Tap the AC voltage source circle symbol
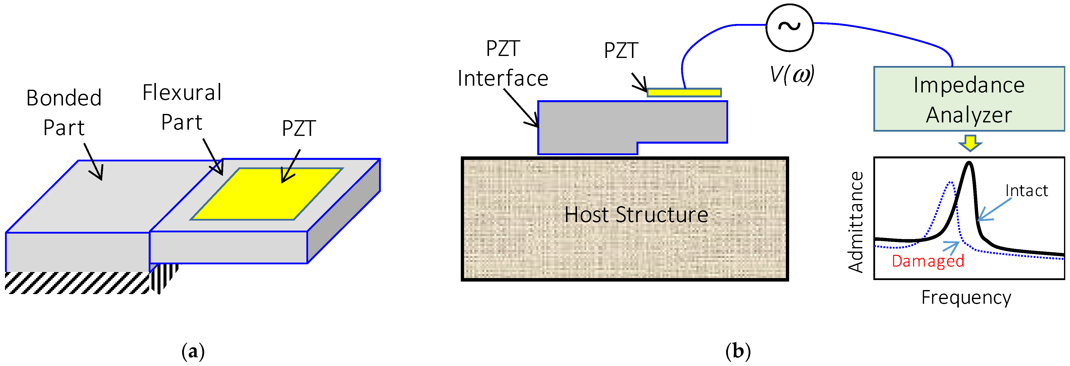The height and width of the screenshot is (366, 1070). pyautogui.click(x=789, y=27)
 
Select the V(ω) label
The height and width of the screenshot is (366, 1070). pyautogui.click(x=792, y=75)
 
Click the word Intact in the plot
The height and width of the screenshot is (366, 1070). pyautogui.click(x=1026, y=191)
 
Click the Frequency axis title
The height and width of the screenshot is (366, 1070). pyautogui.click(x=966, y=298)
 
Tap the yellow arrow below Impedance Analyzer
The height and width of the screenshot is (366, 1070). pyautogui.click(x=970, y=142)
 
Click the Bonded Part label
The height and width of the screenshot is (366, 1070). pyautogui.click(x=64, y=113)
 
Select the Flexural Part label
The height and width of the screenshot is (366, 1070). pyautogui.click(x=182, y=107)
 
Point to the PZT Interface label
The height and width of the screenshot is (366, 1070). pyautogui.click(x=503, y=63)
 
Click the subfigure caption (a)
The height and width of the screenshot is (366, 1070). pyautogui.click(x=193, y=352)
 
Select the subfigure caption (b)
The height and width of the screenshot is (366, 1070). pyautogui.click(x=738, y=352)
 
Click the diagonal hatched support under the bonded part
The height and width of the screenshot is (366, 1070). pyautogui.click(x=77, y=283)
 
